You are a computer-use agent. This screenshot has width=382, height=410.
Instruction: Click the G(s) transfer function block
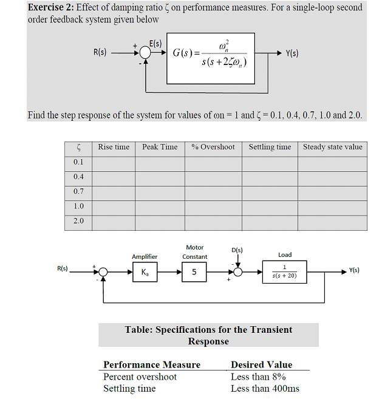(211, 58)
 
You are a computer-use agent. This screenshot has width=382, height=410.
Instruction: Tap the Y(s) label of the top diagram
(292, 53)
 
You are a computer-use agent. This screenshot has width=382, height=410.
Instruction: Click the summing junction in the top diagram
(145, 53)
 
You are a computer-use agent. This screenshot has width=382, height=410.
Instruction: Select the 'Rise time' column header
(114, 147)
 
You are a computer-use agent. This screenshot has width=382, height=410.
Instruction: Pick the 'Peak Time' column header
(160, 147)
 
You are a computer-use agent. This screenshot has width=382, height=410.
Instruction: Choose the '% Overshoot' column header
(213, 147)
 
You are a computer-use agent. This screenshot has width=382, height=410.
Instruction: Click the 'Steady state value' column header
(332, 147)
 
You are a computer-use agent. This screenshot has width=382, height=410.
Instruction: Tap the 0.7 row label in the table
(78, 191)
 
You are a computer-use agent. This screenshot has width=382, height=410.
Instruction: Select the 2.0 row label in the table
(78, 220)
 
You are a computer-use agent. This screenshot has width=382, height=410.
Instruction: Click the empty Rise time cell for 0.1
(114, 163)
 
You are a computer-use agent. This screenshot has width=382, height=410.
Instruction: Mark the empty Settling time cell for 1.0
(270, 207)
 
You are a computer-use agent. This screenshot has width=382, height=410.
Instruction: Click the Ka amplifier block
(144, 272)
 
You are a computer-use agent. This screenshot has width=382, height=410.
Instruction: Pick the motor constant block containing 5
(194, 272)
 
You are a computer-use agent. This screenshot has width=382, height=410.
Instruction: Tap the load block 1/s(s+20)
(285, 272)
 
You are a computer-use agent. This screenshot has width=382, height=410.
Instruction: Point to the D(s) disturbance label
(237, 250)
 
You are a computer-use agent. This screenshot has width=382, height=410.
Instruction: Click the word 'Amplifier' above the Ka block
(145, 257)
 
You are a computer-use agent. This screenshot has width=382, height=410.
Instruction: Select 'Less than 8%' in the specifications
(258, 377)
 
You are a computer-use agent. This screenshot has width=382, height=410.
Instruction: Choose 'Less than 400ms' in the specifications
(265, 389)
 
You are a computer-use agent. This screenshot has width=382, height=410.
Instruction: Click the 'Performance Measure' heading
(152, 364)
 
